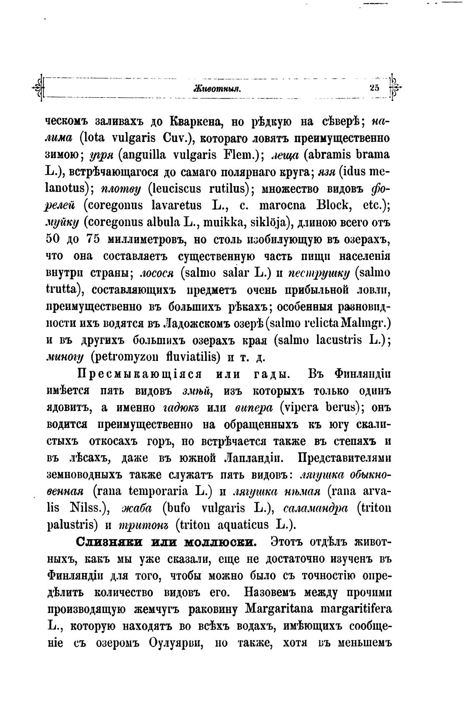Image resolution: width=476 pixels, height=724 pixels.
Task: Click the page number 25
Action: click(x=374, y=88)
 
